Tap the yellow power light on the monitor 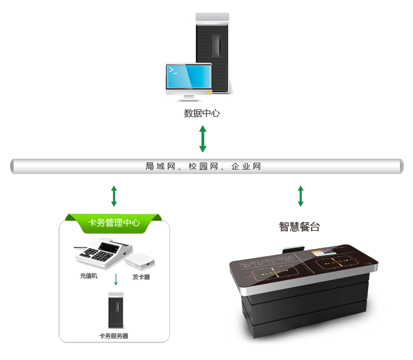tap(209, 92)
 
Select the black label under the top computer tap(202, 113)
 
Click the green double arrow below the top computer tap(203, 139)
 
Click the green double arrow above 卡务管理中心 tap(114, 196)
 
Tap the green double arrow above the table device tap(301, 196)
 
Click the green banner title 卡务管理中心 tap(114, 223)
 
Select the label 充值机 tap(89, 276)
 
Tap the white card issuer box tap(140, 260)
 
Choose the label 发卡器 tap(141, 277)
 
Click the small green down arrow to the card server tap(116, 279)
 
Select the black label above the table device tap(300, 227)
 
